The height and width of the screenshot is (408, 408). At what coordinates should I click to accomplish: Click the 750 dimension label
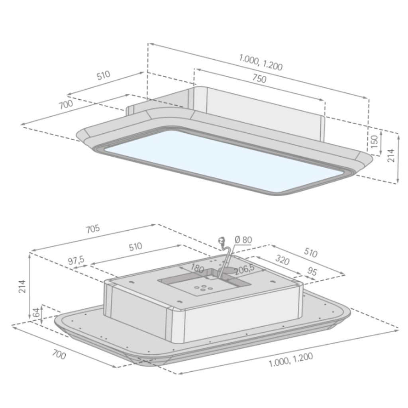pos(259,78)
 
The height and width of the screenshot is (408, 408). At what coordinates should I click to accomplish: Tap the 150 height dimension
pos(374,141)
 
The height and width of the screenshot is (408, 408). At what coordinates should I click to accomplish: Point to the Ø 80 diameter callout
pos(243,239)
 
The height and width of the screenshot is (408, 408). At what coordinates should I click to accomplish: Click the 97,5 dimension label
pos(76,260)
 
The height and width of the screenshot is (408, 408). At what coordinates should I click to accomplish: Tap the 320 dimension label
pos(282,260)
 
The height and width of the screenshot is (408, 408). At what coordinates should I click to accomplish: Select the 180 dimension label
pos(197,268)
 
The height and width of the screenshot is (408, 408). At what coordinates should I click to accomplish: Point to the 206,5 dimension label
pos(244,271)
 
